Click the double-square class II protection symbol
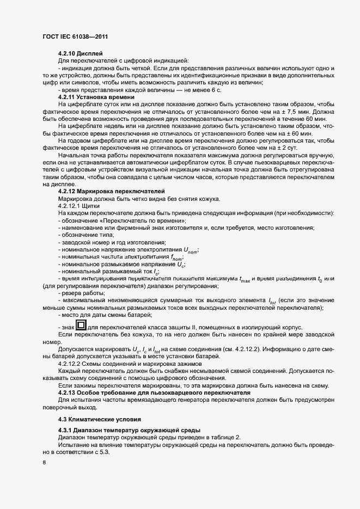[81, 326]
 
